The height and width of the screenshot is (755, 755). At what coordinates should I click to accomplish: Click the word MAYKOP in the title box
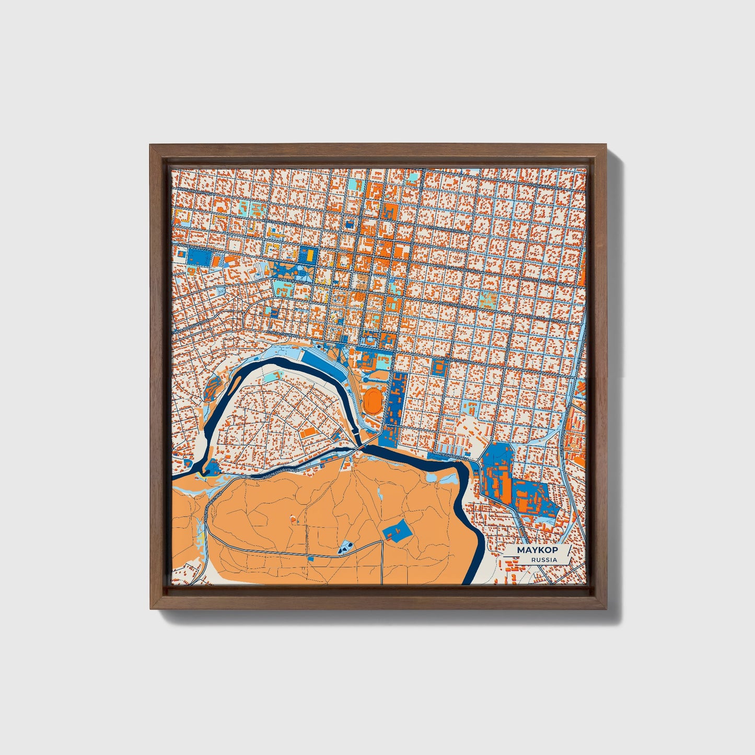tap(537, 550)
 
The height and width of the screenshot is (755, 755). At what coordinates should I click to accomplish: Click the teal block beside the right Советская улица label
tap(488, 299)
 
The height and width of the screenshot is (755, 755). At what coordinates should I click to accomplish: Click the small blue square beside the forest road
tap(311, 559)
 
